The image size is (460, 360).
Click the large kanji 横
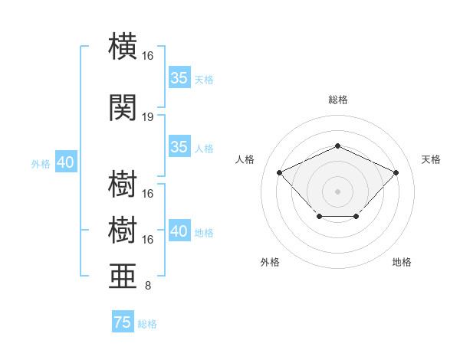tap(123, 46)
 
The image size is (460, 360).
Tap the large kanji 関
tap(123, 107)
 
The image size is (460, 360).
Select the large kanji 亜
tap(123, 276)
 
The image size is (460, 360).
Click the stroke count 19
tap(147, 117)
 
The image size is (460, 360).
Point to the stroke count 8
tap(148, 286)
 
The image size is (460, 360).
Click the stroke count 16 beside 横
tap(147, 56)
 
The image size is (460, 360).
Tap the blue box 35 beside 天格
tap(179, 77)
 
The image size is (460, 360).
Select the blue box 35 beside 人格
tap(179, 146)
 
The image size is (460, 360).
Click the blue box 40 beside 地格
tap(179, 230)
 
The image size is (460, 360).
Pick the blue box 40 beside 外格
tap(66, 162)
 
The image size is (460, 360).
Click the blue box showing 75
tap(123, 321)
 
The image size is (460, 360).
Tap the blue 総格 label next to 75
tap(147, 324)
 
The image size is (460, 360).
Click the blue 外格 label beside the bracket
tap(41, 164)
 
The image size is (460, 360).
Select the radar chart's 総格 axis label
tap(338, 100)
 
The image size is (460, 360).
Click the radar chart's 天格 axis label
tap(431, 159)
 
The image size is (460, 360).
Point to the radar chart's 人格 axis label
tap(245, 159)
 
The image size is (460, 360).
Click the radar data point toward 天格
tap(396, 172)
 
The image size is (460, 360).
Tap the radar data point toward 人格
tap(279, 172)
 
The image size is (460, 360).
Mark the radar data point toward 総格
tap(337, 146)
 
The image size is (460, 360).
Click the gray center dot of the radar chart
tap(337, 191)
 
